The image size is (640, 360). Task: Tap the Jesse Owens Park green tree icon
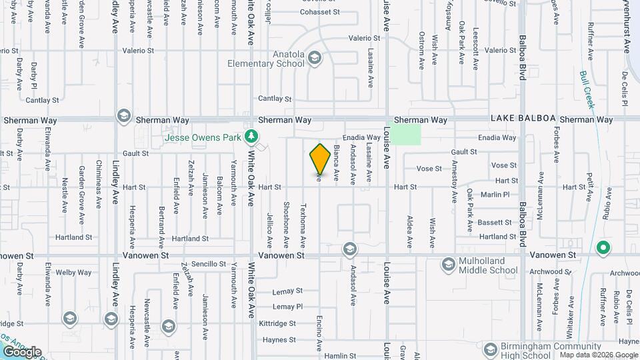tap(251, 137)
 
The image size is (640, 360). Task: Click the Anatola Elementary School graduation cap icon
tap(314, 58)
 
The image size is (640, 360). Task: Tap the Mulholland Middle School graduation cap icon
tap(449, 265)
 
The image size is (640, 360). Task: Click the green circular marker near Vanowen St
tap(603, 249)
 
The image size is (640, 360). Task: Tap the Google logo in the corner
tap(22, 352)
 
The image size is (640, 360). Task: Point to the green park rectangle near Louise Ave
tap(405, 134)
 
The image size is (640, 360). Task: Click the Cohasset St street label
tap(320, 12)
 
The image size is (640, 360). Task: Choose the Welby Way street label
tap(74, 272)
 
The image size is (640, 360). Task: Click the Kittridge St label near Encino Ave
tap(279, 323)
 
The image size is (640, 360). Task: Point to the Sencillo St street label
tap(209, 264)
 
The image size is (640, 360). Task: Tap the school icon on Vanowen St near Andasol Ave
tap(348, 249)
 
